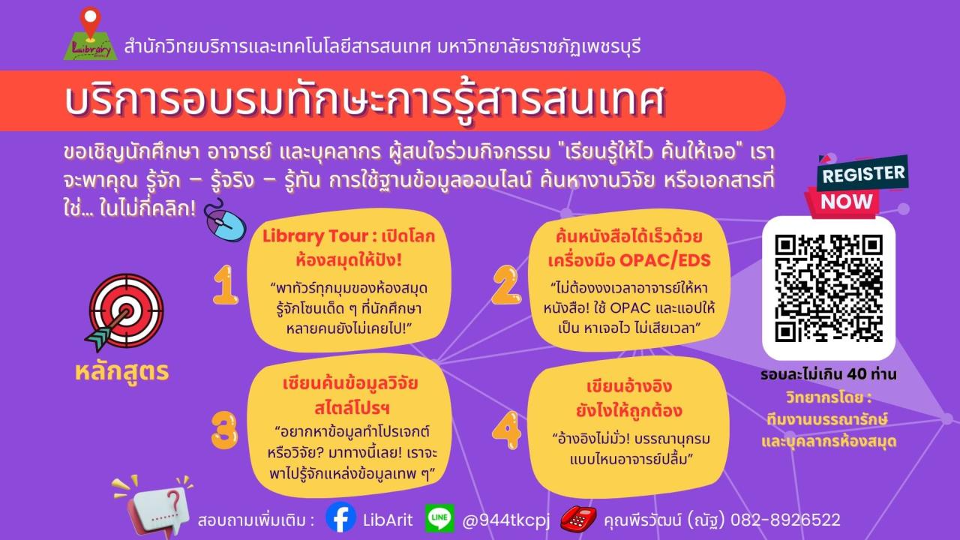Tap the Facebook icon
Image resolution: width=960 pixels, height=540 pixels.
click(x=340, y=517)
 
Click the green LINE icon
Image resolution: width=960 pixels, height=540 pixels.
click(x=439, y=517)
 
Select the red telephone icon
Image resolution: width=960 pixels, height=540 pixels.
click(x=578, y=518)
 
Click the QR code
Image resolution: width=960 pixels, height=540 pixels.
click(x=829, y=288)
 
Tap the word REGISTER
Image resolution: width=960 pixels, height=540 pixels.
click(x=863, y=173)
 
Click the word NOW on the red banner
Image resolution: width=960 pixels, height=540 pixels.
click(x=847, y=202)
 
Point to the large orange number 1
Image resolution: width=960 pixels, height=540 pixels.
click(x=226, y=285)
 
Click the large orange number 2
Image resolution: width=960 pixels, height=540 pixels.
click(x=506, y=285)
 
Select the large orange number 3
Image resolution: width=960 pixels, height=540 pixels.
click(x=224, y=430)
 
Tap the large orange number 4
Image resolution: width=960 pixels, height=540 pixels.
click(x=507, y=430)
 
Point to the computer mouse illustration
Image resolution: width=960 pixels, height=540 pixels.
click(x=225, y=220)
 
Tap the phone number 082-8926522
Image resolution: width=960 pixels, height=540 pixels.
click(x=785, y=520)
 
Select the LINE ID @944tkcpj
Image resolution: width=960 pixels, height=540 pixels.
click(x=505, y=520)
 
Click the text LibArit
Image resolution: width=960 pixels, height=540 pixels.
click(x=388, y=520)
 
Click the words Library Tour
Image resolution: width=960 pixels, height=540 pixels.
click(x=316, y=236)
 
